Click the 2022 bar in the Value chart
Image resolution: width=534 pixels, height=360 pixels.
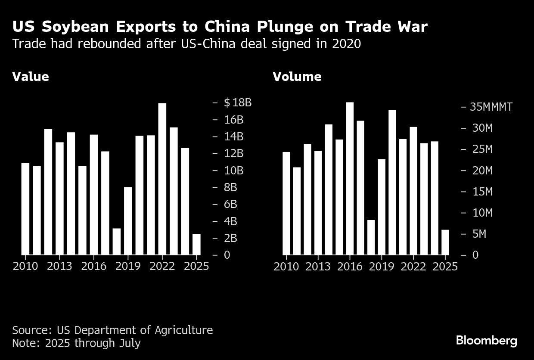[162, 179]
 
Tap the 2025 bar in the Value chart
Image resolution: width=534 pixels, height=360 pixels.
[196, 244]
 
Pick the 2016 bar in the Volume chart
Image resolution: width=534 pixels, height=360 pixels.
[350, 179]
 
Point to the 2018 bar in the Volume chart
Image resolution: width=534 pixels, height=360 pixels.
[371, 237]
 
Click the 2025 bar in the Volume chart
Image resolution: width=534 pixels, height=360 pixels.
[445, 242]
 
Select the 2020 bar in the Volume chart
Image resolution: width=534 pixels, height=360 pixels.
[392, 183]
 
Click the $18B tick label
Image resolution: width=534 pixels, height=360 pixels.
[237, 102]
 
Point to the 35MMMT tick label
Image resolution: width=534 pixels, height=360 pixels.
[491, 107]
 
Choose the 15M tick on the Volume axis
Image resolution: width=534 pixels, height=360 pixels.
[482, 192]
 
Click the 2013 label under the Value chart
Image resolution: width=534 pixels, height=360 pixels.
[60, 267]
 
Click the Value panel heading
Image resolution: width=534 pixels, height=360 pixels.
[31, 77]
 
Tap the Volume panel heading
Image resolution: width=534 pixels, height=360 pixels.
[297, 77]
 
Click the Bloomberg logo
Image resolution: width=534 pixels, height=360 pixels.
[487, 341]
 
